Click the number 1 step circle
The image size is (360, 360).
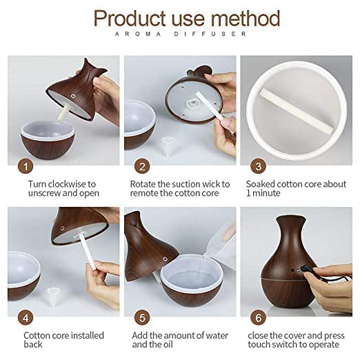point(26,166)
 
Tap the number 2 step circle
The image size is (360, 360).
point(142,166)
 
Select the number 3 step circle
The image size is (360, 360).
point(258,166)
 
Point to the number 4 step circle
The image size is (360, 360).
point(26,318)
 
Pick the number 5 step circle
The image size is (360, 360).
point(142,318)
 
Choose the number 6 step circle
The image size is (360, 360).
point(258,318)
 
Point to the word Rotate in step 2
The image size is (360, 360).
point(145,184)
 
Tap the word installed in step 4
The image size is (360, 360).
point(81,336)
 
